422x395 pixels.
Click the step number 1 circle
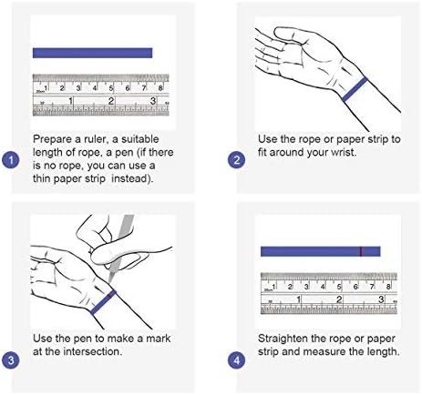tap(11, 160)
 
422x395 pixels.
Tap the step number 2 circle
tap(236, 160)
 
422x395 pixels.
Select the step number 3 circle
tap(11, 360)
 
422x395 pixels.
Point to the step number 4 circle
tap(236, 360)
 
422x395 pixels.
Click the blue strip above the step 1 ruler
tap(92, 53)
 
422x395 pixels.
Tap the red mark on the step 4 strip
tap(361, 251)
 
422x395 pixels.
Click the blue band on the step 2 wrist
tap(355, 89)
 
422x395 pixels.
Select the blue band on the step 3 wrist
tap(103, 302)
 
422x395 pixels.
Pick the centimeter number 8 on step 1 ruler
tap(160, 88)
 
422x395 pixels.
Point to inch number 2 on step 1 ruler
tap(111, 101)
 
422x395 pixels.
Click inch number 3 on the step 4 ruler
tap(381, 299)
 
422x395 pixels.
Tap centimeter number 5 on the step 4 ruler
tap(339, 287)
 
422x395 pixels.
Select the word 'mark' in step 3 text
tap(159, 339)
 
